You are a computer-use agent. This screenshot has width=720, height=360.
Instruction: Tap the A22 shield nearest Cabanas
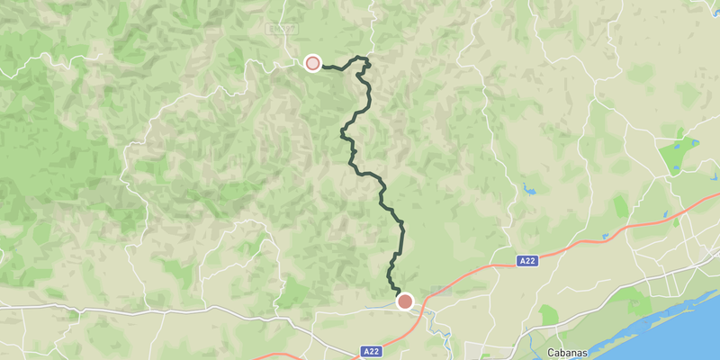coord(528,261)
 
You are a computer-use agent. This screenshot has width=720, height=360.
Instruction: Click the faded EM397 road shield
coord(282,28)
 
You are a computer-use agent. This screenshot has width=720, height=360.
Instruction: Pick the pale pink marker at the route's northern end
coord(312,63)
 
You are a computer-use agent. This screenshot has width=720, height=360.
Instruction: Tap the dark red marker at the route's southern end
coord(405,301)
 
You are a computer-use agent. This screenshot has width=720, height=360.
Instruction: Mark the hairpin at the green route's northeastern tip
coord(367,61)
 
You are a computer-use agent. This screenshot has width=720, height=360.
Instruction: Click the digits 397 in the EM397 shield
coord(285,28)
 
